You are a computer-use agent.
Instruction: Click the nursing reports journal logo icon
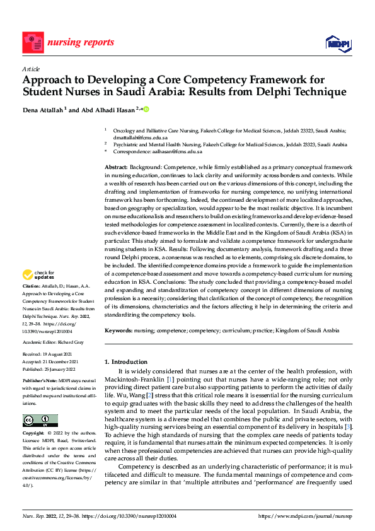point(32,43)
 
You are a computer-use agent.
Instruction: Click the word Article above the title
point(31,69)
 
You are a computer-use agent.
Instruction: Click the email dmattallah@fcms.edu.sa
point(140,137)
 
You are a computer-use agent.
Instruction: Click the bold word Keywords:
point(120,330)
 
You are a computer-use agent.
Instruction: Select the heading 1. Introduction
point(129,361)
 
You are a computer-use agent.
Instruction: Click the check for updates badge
point(39,276)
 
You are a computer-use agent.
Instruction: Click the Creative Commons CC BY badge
point(40,421)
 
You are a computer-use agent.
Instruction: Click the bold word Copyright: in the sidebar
point(34,434)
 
